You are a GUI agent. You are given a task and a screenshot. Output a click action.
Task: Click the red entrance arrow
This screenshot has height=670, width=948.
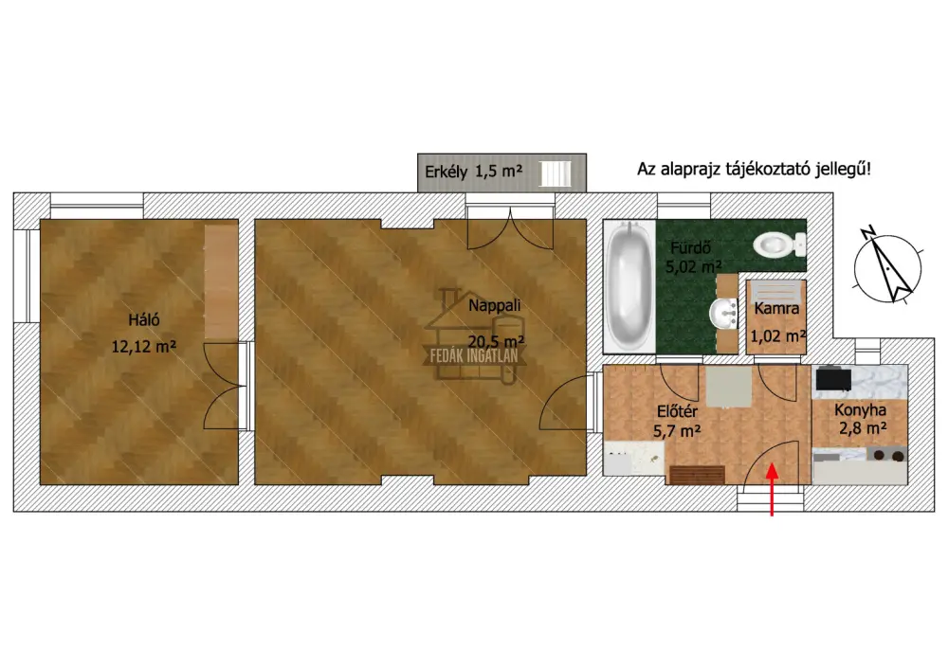(x=772, y=489)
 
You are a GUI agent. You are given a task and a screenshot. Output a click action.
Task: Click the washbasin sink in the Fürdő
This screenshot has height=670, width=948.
(x=723, y=314)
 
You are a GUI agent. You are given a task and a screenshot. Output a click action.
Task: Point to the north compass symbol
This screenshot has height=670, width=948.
(x=887, y=266)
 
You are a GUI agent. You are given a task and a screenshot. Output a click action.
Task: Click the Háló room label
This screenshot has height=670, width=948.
(x=144, y=319)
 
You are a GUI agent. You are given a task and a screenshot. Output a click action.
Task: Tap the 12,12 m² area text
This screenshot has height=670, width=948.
(x=144, y=346)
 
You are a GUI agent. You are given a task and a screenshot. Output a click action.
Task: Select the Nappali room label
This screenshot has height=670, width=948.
(x=495, y=305)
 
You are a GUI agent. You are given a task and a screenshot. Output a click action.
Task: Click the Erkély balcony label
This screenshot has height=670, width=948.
(x=447, y=172)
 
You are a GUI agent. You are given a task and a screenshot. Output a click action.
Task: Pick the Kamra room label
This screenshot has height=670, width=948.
(x=777, y=308)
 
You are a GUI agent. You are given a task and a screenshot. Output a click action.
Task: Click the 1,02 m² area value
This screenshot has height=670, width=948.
(x=778, y=335)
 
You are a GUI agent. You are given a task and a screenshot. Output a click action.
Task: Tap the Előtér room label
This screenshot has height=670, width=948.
(x=677, y=411)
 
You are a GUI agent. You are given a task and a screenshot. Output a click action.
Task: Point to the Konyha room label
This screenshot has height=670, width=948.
(x=861, y=410)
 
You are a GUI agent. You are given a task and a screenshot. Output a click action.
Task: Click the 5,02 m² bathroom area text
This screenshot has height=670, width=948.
(x=694, y=266)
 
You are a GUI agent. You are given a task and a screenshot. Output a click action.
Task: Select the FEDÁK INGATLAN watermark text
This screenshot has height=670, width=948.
(x=474, y=355)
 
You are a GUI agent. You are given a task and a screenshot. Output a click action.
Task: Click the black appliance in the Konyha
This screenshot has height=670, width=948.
(x=833, y=379)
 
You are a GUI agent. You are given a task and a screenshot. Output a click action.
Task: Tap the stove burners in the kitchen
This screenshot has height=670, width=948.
(x=887, y=456)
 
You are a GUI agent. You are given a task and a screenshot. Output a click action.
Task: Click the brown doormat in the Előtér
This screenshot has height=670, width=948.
(x=697, y=475)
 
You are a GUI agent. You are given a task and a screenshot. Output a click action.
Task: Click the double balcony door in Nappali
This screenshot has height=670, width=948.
(x=511, y=229)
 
